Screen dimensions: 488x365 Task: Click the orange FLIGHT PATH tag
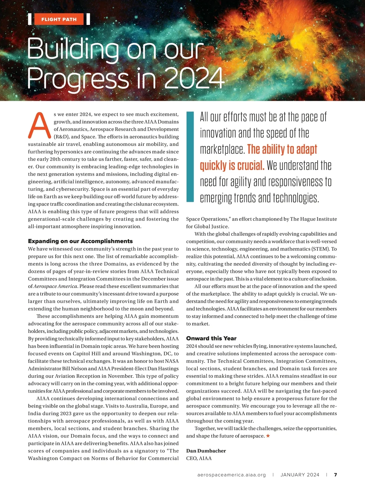point(59,19)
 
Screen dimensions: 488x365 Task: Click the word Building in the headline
point(73,49)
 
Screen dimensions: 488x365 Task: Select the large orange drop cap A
point(39,125)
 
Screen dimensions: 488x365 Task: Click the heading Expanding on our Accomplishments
point(80,241)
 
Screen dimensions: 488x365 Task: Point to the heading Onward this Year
point(211,338)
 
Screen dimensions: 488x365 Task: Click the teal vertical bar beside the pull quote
point(190,156)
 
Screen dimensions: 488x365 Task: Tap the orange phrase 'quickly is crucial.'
point(232,166)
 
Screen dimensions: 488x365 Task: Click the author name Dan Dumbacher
point(206,451)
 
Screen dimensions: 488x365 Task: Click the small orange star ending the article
point(268,436)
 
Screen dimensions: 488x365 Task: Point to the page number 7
point(335,475)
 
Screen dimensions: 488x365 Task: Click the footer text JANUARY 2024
point(300,475)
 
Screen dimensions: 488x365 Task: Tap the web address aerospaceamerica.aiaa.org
point(231,475)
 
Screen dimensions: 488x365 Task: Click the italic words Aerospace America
point(55,286)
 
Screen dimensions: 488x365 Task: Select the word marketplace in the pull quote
point(222,149)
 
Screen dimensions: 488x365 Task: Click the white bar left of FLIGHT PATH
point(30,19)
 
